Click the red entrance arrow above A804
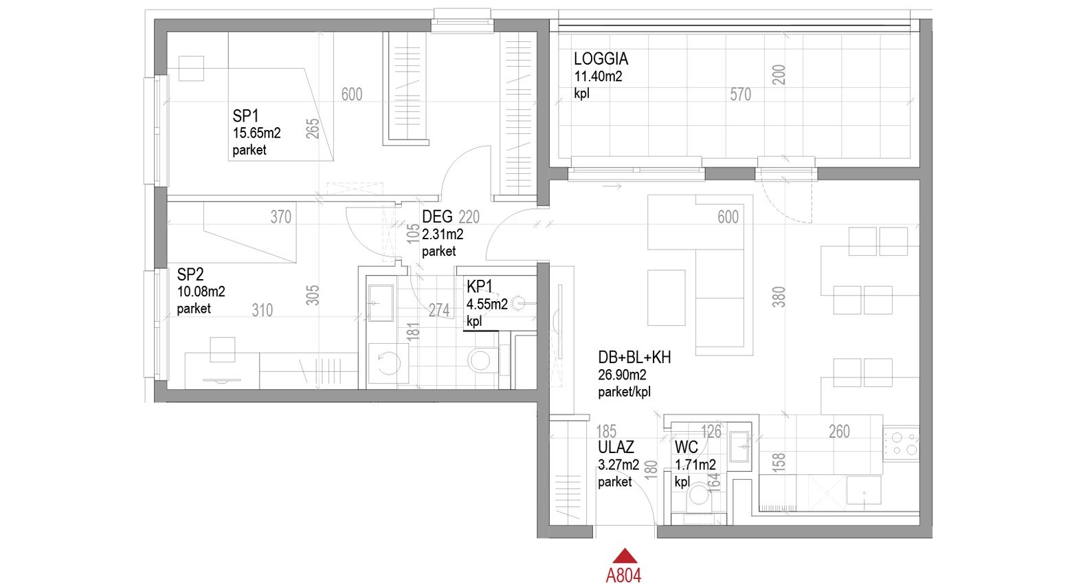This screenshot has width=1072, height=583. (625, 556)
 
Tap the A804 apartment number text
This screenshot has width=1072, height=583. (623, 575)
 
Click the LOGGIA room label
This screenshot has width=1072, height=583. (601, 59)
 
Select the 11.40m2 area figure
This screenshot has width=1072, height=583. (599, 76)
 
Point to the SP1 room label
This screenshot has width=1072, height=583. (245, 115)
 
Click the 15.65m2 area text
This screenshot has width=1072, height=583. (256, 133)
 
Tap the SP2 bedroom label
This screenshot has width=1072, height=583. (190, 274)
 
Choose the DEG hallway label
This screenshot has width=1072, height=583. (437, 217)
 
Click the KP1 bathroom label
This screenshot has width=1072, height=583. (480, 287)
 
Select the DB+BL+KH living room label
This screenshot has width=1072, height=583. (634, 357)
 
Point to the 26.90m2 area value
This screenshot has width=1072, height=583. (622, 375)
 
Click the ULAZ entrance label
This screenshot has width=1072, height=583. (616, 447)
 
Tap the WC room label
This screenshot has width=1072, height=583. (686, 447)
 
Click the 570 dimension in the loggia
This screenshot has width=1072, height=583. (740, 95)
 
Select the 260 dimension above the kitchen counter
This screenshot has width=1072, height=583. (839, 432)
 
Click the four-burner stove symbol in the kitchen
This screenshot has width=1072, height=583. (901, 443)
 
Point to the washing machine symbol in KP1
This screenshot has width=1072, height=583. (388, 362)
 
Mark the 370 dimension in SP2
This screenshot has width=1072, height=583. (280, 217)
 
